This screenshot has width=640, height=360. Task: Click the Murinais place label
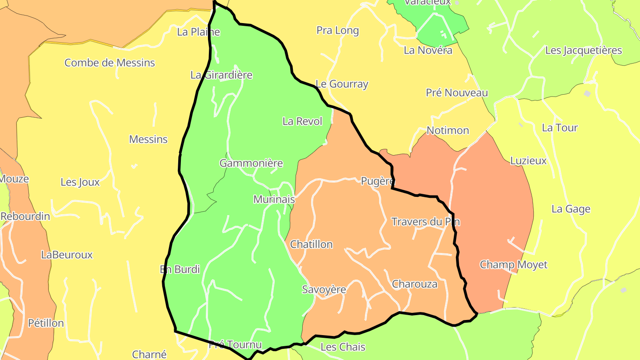274,200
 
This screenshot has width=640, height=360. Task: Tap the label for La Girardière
221,75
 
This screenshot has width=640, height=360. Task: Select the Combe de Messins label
110,63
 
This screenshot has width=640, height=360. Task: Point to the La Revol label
302,121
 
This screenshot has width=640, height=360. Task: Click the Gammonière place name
251,163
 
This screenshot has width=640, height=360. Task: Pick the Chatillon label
311,244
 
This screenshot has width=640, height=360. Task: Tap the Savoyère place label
324,289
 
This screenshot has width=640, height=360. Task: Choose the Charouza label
415,284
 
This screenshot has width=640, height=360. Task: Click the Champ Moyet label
513,265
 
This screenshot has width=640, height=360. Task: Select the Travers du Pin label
425,222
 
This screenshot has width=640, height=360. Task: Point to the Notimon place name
448,131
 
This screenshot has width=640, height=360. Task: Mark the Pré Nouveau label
457,93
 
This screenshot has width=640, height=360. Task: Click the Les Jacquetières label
584,50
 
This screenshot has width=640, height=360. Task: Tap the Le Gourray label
342,84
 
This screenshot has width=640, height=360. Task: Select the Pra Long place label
337,31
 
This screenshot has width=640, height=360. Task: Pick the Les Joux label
80,182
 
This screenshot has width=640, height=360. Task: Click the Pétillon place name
46,323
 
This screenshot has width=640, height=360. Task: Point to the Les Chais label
343,347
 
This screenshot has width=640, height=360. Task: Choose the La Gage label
571,209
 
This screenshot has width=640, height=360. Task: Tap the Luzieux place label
528,161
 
